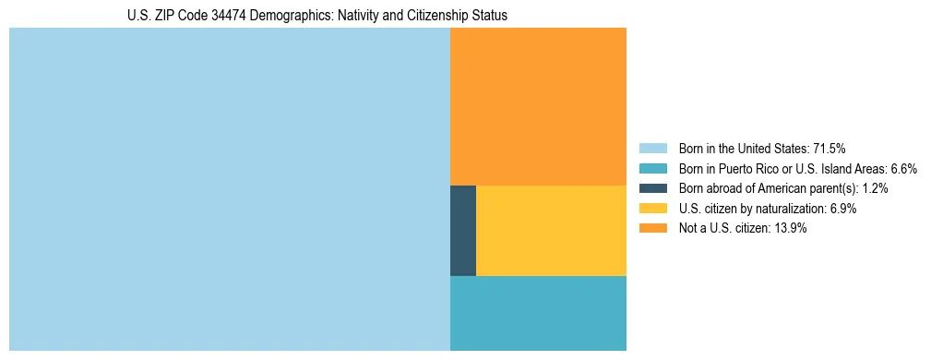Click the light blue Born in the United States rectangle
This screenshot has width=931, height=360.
tap(229, 189)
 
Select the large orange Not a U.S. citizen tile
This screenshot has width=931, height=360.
tap(538, 106)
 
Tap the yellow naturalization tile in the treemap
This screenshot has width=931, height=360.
tap(551, 231)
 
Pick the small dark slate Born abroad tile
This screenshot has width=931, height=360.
tap(463, 231)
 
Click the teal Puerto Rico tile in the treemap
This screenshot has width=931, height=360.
tap(538, 313)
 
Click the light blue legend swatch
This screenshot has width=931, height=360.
tap(652, 148)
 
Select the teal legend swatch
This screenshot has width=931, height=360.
tap(652, 168)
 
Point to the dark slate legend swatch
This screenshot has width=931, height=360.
tap(652, 188)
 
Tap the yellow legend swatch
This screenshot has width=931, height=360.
tap(652, 209)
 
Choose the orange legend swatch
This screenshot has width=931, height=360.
tap(652, 229)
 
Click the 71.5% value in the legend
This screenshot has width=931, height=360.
tap(829, 148)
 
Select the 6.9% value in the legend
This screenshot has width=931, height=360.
tap(841, 209)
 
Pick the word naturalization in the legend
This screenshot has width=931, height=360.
tap(787, 209)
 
